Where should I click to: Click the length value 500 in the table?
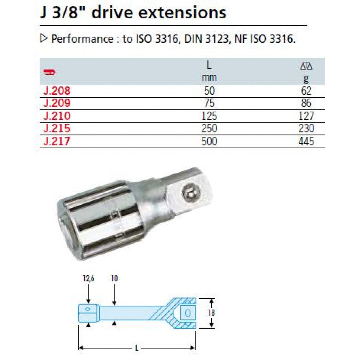[209, 141]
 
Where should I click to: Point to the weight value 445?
[306, 141]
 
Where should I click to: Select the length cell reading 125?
[209, 116]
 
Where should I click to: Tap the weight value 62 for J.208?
[306, 91]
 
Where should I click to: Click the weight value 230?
[306, 129]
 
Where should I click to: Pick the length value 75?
[209, 103]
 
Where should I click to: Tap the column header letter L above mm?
[209, 66]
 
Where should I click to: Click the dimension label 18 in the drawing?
[211, 312]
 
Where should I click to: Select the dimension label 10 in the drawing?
[114, 278]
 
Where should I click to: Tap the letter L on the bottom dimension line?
[137, 348]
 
